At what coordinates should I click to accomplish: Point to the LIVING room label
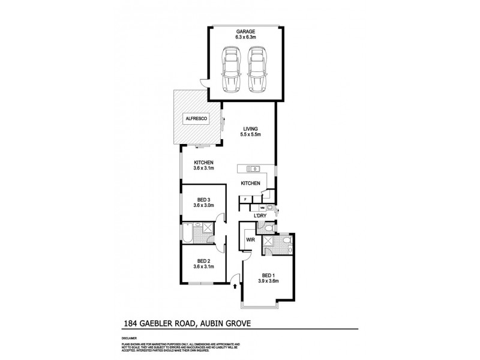(251, 128)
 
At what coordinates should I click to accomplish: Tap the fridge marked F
(245, 198)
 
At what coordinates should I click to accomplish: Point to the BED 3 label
(203, 200)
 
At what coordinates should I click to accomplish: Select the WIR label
(249, 241)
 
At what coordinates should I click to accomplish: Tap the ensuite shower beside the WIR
(269, 243)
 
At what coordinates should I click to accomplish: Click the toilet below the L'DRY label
(264, 226)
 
